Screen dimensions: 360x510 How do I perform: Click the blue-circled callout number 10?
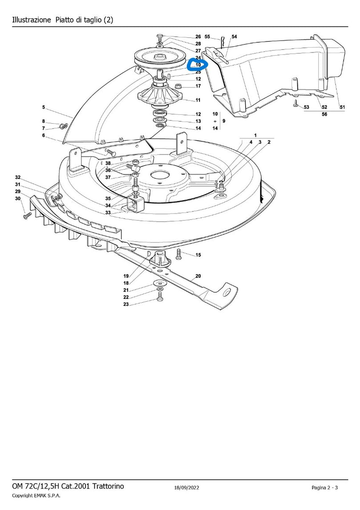pyautogui.click(x=198, y=65)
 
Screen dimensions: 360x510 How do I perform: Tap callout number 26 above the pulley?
pyautogui.click(x=198, y=37)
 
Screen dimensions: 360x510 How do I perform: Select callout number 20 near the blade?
pyautogui.click(x=198, y=276)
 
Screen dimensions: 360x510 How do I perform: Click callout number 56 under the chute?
pyautogui.click(x=324, y=114)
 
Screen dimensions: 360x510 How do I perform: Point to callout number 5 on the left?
pyautogui.click(x=44, y=107)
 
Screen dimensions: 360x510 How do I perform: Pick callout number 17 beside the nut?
pyautogui.click(x=198, y=86)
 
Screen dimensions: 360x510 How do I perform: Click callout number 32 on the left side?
pyautogui.click(x=18, y=178)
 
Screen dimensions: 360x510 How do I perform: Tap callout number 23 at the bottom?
pyautogui.click(x=126, y=304)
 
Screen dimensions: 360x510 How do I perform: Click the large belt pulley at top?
pyautogui.click(x=160, y=59)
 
